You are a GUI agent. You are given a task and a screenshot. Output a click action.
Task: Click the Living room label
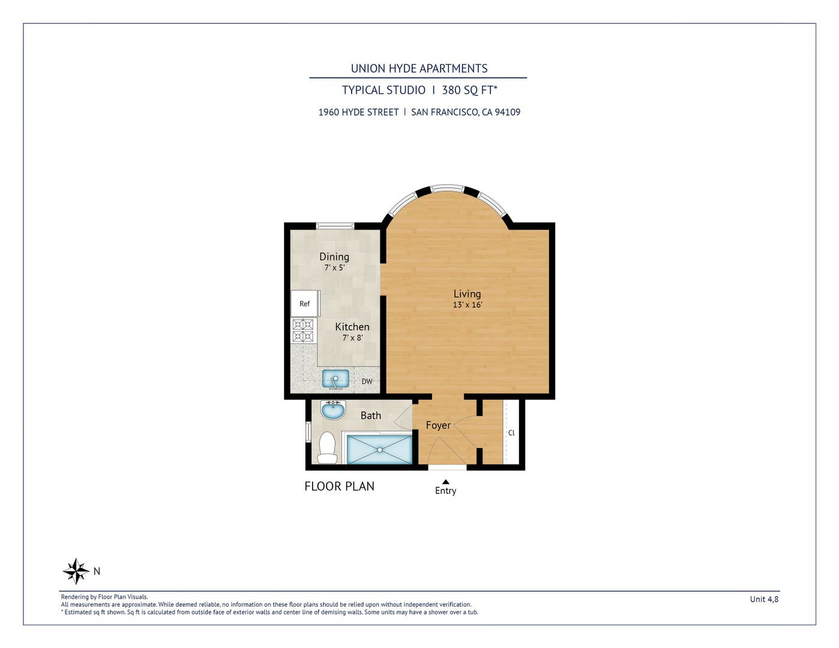point(467,294)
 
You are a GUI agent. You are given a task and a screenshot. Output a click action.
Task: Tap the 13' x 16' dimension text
point(468,305)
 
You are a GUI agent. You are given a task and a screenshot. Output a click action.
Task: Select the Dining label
point(334,257)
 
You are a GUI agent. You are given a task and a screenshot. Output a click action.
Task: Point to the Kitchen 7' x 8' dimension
point(352,338)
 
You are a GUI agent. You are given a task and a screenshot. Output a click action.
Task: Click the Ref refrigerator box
point(305,304)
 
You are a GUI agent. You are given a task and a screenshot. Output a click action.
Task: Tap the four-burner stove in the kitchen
point(303,331)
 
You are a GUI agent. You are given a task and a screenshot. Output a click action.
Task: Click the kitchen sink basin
point(335,379)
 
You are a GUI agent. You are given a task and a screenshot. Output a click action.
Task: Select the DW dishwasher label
point(367,382)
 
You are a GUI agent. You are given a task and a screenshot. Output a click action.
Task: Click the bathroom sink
point(333,410)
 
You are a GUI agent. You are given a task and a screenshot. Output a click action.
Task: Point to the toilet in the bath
point(326,448)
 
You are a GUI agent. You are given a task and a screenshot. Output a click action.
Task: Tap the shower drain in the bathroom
point(380,450)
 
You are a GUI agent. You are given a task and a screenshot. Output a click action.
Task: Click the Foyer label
point(438,425)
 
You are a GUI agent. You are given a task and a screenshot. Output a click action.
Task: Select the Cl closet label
point(511,433)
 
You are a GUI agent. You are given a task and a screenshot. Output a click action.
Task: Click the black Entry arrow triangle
point(445,482)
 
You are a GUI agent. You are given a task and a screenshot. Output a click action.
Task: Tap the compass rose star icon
point(76,571)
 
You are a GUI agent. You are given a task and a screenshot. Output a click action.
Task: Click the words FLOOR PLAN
point(340,486)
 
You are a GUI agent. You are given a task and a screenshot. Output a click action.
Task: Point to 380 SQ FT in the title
point(469,91)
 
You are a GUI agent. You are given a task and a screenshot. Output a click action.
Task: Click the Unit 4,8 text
point(764,599)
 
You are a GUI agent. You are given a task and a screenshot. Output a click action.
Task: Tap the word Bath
point(371,416)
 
